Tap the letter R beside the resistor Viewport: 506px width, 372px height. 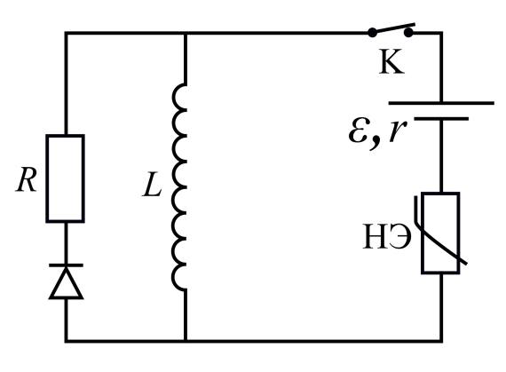[x=26, y=179]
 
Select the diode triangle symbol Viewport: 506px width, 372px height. [x=67, y=283]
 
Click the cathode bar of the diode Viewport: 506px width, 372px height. [x=67, y=265]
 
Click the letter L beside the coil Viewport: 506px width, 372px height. [x=152, y=185]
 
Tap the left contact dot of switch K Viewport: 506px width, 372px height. [x=372, y=32]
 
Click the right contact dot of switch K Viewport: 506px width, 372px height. [x=408, y=32]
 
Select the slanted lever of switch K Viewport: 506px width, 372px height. [x=393, y=28]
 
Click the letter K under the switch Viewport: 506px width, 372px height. [x=391, y=61]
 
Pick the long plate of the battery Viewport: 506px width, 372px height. [x=441, y=103]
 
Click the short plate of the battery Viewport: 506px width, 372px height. [x=441, y=119]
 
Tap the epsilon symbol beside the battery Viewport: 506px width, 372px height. [x=359, y=132]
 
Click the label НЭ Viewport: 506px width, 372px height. [x=387, y=236]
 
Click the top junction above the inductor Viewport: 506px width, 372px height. [x=186, y=33]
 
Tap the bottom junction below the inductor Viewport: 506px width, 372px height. [x=186, y=340]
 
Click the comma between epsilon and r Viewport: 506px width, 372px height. [x=375, y=143]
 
